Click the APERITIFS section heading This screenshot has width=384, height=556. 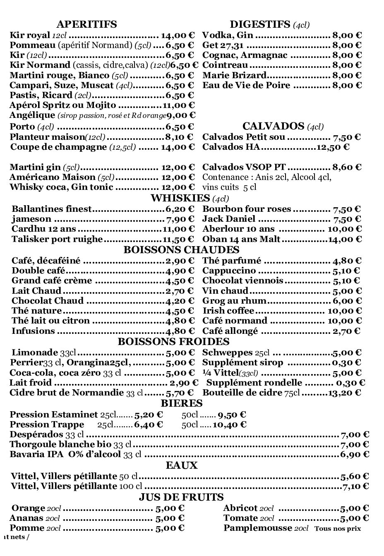coord(86,24)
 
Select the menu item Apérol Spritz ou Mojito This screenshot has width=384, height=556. coord(62,105)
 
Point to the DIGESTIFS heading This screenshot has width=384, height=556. coord(260,24)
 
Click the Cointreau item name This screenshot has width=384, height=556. coord(225,65)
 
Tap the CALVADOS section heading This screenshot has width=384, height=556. coord(274,126)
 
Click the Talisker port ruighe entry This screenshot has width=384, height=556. coord(57,239)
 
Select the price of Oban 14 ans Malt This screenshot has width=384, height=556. coord(345,239)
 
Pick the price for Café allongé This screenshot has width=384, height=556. coord(346,331)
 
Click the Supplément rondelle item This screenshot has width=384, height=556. coord(254,383)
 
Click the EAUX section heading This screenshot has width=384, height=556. coord(182,465)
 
